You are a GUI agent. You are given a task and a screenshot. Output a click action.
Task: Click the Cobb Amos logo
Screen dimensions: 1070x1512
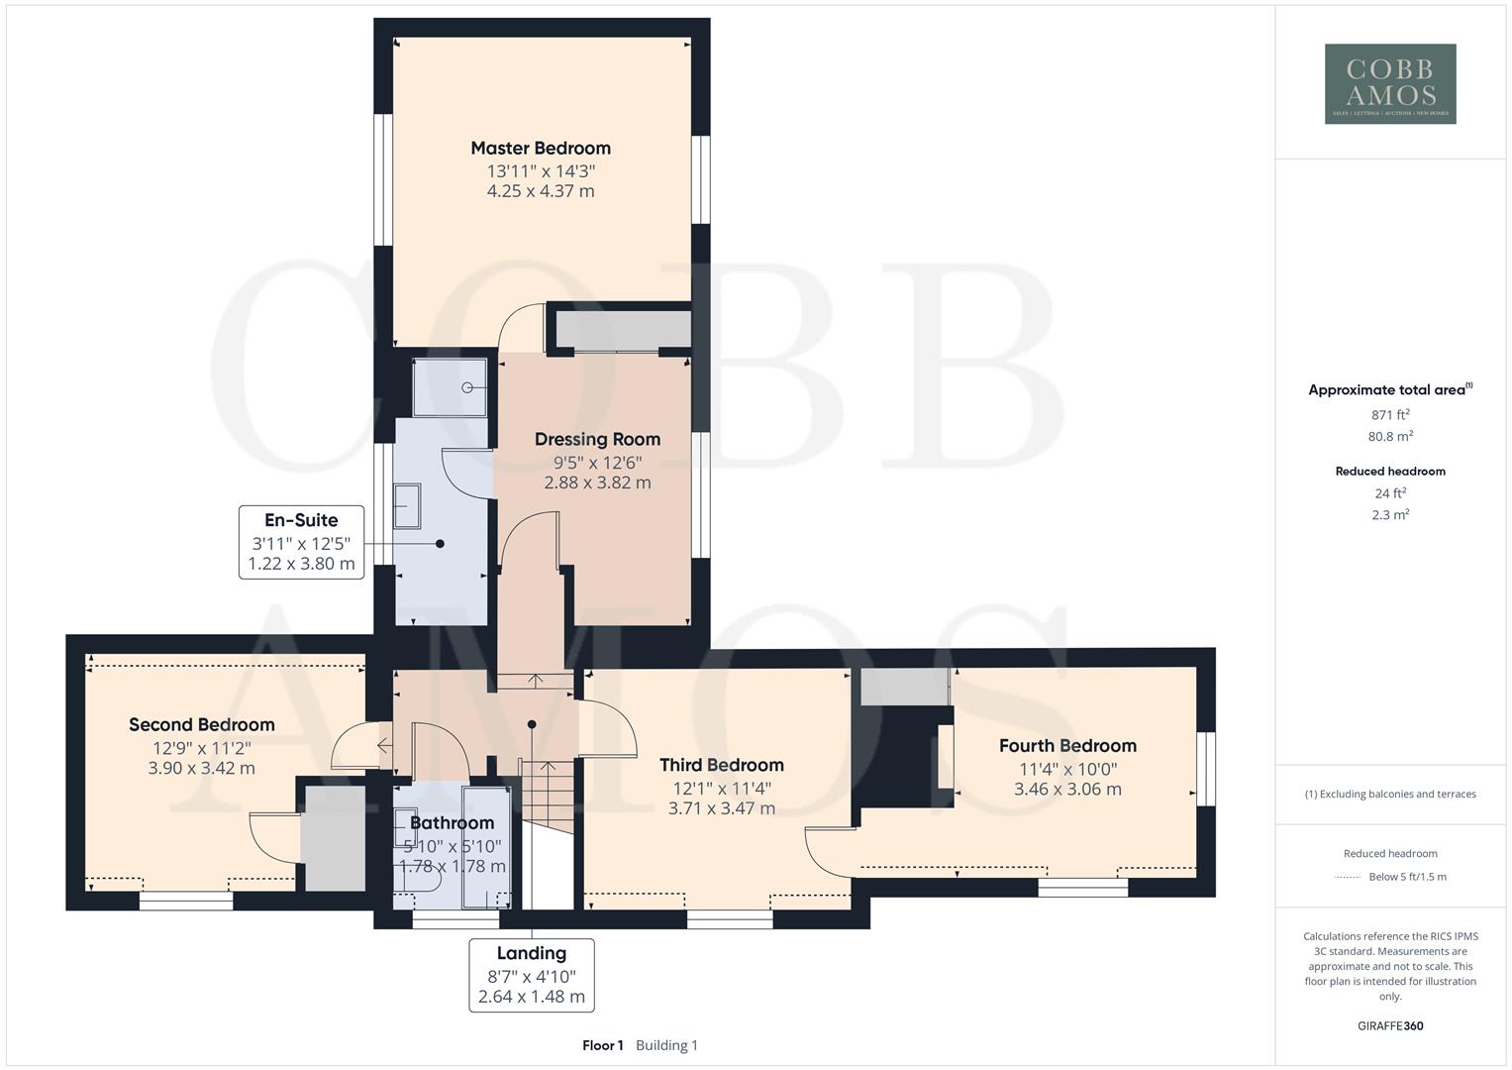(1389, 83)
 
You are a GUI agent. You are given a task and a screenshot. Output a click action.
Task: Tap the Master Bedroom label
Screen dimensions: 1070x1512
(541, 149)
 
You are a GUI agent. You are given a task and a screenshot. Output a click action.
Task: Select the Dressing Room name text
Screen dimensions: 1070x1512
(597, 439)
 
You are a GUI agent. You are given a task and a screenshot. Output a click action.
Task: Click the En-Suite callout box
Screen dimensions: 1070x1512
(302, 542)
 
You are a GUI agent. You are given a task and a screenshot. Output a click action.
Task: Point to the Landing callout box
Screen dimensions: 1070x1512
(532, 975)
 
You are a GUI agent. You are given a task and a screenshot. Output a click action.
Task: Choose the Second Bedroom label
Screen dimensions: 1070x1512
(202, 724)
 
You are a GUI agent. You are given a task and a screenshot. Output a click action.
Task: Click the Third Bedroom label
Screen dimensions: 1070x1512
(722, 765)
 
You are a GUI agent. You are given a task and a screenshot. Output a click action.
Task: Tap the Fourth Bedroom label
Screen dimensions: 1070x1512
(1067, 746)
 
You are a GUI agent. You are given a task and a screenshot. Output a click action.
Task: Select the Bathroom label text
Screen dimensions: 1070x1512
(452, 822)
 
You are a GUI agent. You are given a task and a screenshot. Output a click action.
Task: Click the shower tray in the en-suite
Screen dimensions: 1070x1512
(451, 387)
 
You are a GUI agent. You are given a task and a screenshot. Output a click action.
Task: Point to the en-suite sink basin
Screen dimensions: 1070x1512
(407, 505)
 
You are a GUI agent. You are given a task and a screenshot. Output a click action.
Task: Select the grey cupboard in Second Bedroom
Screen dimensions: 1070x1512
(334, 838)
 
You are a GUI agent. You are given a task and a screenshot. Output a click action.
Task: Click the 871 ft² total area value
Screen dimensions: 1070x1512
(1389, 415)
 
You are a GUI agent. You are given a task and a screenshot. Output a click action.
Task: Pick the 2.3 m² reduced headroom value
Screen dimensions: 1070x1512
(1389, 515)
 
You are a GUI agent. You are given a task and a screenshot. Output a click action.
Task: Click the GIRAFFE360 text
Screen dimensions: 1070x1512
(1389, 1025)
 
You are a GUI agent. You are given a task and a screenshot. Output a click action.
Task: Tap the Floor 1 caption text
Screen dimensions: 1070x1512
(602, 1045)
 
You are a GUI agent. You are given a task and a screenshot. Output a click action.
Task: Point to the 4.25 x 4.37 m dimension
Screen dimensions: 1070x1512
(541, 191)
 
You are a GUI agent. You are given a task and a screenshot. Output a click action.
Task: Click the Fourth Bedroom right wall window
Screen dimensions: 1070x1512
(1205, 768)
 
